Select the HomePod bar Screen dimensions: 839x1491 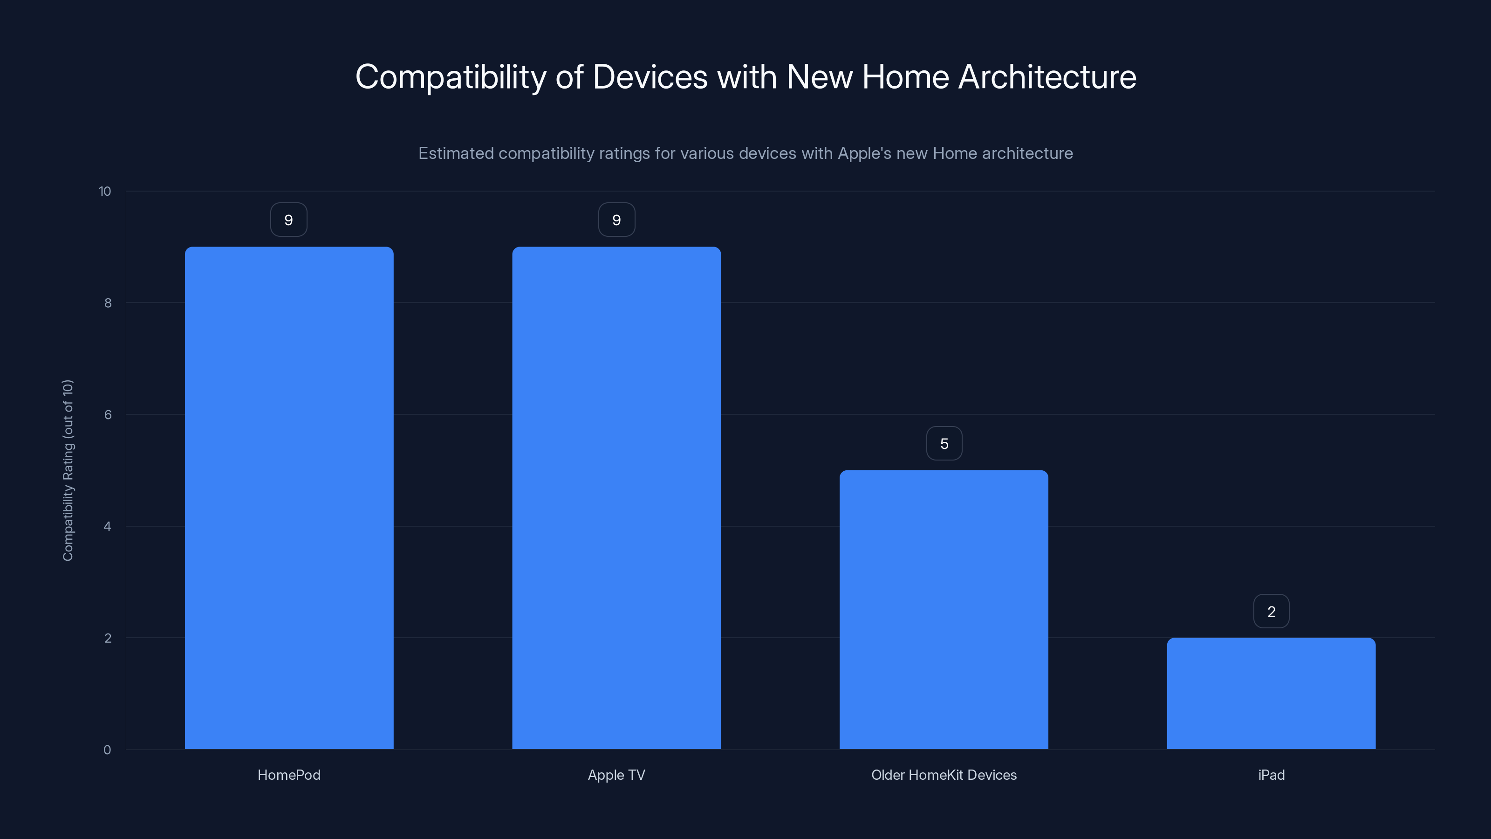(x=289, y=498)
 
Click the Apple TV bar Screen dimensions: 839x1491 (x=616, y=498)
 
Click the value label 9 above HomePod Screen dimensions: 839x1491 (x=289, y=220)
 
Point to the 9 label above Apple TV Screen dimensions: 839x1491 (x=616, y=220)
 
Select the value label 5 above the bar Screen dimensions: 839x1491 (x=944, y=444)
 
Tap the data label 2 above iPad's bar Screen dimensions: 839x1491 (x=1271, y=612)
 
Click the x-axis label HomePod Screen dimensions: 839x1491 (x=289, y=775)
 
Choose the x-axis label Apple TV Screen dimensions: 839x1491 (x=616, y=775)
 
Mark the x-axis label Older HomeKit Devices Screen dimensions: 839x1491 (x=944, y=775)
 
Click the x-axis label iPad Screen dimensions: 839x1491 (x=1271, y=775)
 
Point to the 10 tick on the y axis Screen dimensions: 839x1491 (x=105, y=191)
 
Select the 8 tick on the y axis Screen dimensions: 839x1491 (x=108, y=303)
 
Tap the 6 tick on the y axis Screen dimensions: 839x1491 (x=108, y=414)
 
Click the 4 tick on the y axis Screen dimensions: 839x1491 (x=108, y=526)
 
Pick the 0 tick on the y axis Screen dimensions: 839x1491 (x=108, y=750)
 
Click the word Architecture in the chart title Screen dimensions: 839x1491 (x=1047, y=77)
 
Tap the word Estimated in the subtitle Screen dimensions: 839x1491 (x=456, y=153)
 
